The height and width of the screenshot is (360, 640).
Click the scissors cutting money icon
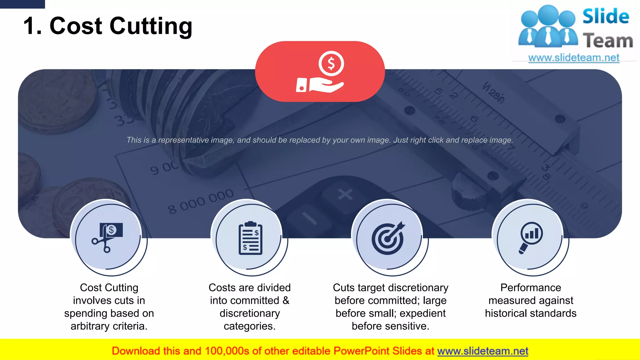tap(107, 237)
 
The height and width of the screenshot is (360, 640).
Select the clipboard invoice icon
tap(250, 238)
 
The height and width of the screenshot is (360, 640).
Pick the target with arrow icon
tap(388, 238)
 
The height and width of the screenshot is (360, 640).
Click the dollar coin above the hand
tap(331, 63)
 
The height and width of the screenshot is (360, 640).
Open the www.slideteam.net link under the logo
tap(573, 58)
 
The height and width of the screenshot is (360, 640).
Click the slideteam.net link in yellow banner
tap(482, 351)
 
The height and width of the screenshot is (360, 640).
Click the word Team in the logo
tap(607, 41)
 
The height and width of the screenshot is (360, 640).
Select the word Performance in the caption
tap(530, 287)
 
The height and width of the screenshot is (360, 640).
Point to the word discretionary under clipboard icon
tap(249, 313)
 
